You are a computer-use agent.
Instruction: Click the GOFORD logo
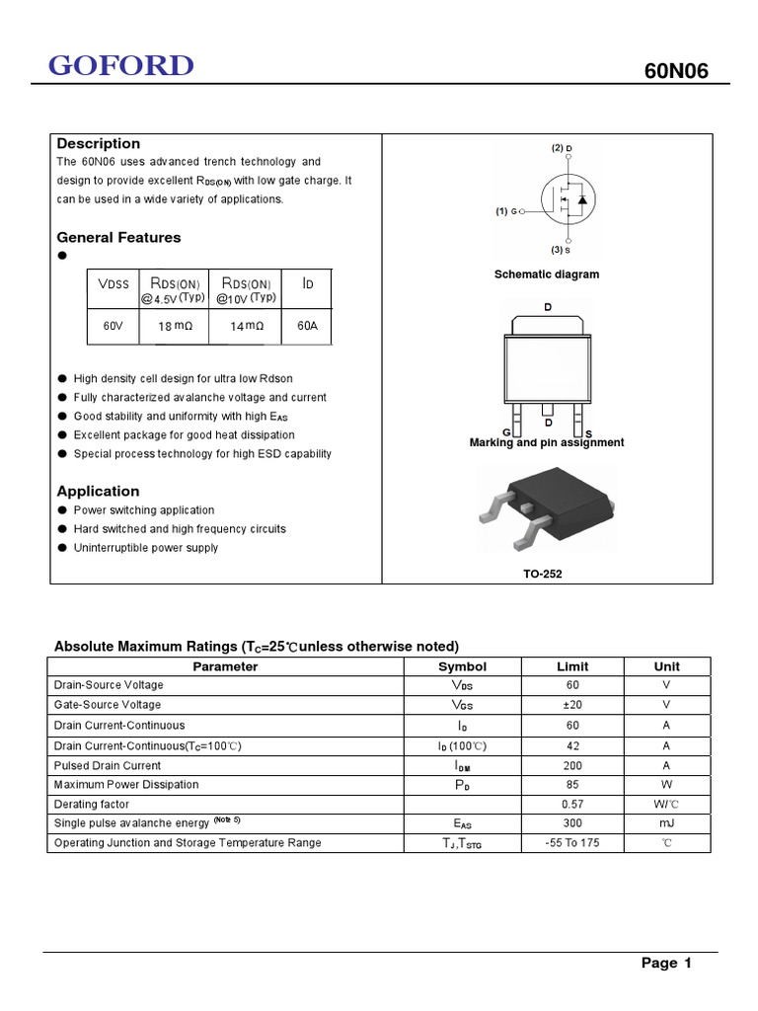click(x=121, y=66)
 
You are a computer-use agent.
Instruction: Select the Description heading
click(x=99, y=144)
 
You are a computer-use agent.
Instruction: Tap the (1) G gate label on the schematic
click(x=507, y=211)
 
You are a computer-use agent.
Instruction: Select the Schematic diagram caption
click(x=546, y=274)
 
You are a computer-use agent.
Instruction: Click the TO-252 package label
click(x=544, y=574)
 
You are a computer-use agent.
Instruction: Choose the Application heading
click(x=98, y=491)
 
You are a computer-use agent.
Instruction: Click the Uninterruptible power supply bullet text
click(x=146, y=548)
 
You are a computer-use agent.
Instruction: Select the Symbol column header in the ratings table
click(x=462, y=666)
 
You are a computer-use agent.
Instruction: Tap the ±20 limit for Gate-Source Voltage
click(x=572, y=705)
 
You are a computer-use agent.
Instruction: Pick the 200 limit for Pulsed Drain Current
click(x=572, y=765)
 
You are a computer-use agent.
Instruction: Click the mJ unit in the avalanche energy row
click(x=666, y=823)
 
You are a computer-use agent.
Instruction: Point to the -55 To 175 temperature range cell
click(x=572, y=843)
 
